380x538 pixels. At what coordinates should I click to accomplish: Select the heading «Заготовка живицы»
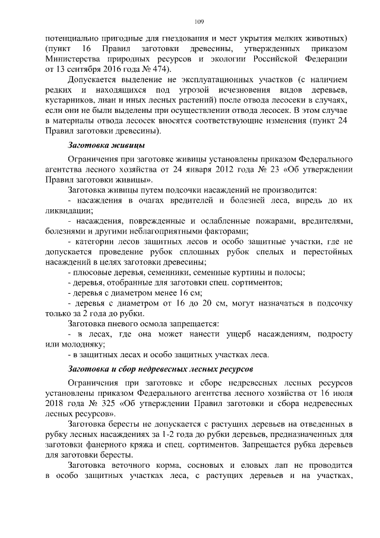[106, 146]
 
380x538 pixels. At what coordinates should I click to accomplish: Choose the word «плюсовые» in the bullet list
[93, 272]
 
